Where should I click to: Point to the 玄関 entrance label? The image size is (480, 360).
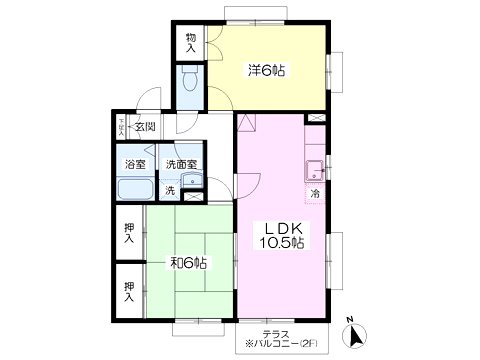click(145, 126)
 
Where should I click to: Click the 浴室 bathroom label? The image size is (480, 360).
click(134, 163)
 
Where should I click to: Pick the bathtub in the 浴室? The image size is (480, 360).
click(134, 190)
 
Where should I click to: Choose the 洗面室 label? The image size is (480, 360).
click(181, 163)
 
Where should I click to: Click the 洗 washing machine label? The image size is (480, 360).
click(170, 190)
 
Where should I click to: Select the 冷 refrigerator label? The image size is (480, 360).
click(314, 193)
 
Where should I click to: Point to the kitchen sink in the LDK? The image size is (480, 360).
click(314, 167)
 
